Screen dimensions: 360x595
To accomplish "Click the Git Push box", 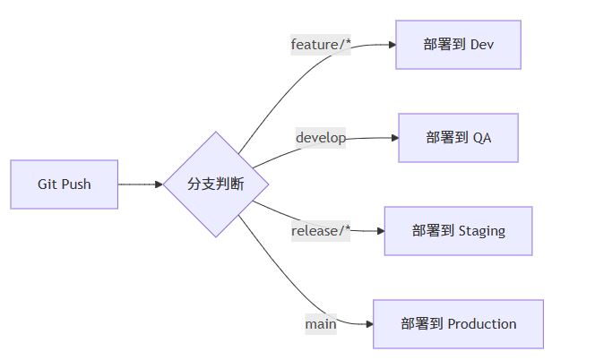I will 65,184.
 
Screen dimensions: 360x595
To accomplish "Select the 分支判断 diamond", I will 216,184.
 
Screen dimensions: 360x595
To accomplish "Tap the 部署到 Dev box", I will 458,43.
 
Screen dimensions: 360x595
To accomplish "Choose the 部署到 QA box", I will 458,138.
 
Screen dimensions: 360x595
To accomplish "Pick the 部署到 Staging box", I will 458,231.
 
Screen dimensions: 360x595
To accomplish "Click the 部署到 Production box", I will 458,324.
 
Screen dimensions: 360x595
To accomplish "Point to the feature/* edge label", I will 321,44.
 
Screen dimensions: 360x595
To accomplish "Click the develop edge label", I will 321,138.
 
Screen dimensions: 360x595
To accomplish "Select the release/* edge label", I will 321,231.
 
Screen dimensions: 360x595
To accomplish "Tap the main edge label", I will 321,324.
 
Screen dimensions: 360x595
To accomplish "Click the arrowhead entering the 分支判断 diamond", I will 159,184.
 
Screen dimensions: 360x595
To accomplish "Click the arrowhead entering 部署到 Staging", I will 379,231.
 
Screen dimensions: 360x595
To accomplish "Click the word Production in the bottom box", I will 481,324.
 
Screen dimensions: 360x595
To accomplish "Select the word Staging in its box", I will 481,231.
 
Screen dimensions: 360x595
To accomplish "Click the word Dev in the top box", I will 481,43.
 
